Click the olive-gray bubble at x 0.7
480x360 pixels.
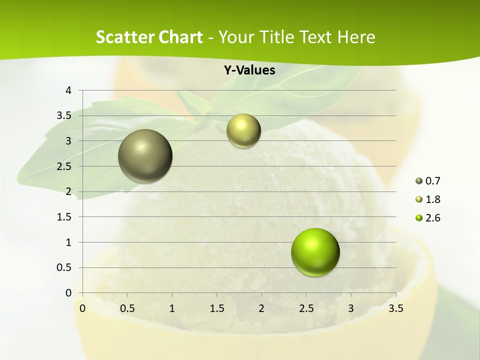pyautogui.click(x=145, y=156)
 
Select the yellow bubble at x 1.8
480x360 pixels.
pyautogui.click(x=243, y=131)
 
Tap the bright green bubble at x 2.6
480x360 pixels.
pyautogui.click(x=315, y=252)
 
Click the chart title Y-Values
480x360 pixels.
pyautogui.click(x=249, y=70)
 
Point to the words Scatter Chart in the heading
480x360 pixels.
pyautogui.click(x=149, y=37)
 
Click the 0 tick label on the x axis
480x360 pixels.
pyautogui.click(x=82, y=308)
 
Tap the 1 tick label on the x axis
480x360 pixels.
pyautogui.click(x=172, y=308)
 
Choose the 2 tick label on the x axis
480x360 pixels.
pyautogui.click(x=261, y=308)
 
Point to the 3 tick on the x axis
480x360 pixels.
pyautogui.click(x=351, y=308)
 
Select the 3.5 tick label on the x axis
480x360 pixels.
pyautogui.click(x=395, y=308)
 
